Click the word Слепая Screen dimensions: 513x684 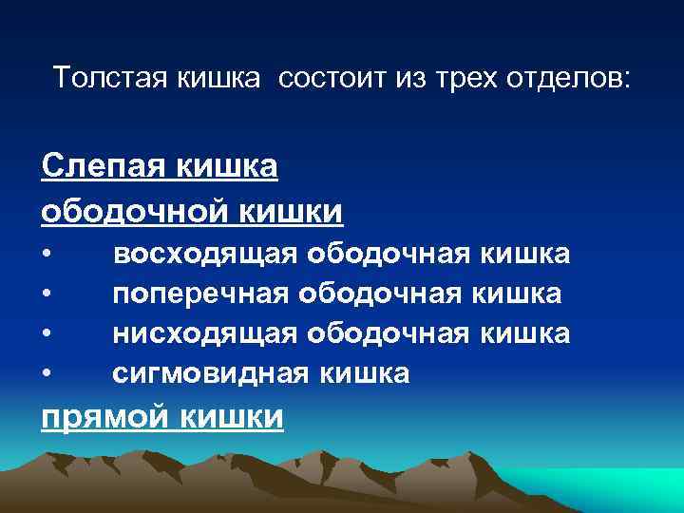tap(101, 167)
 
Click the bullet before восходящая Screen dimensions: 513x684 tap(47, 256)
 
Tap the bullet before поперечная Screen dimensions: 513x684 tap(47, 295)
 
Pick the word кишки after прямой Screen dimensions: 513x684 tap(232, 417)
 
